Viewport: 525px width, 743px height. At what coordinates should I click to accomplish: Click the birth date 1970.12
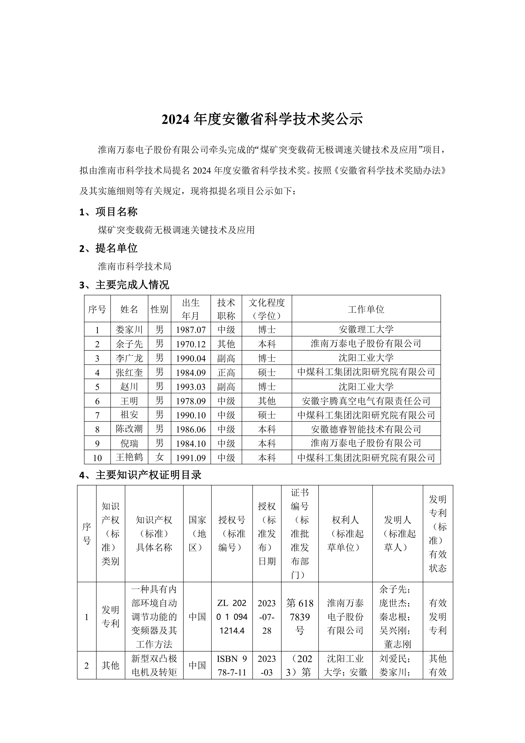point(191,344)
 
